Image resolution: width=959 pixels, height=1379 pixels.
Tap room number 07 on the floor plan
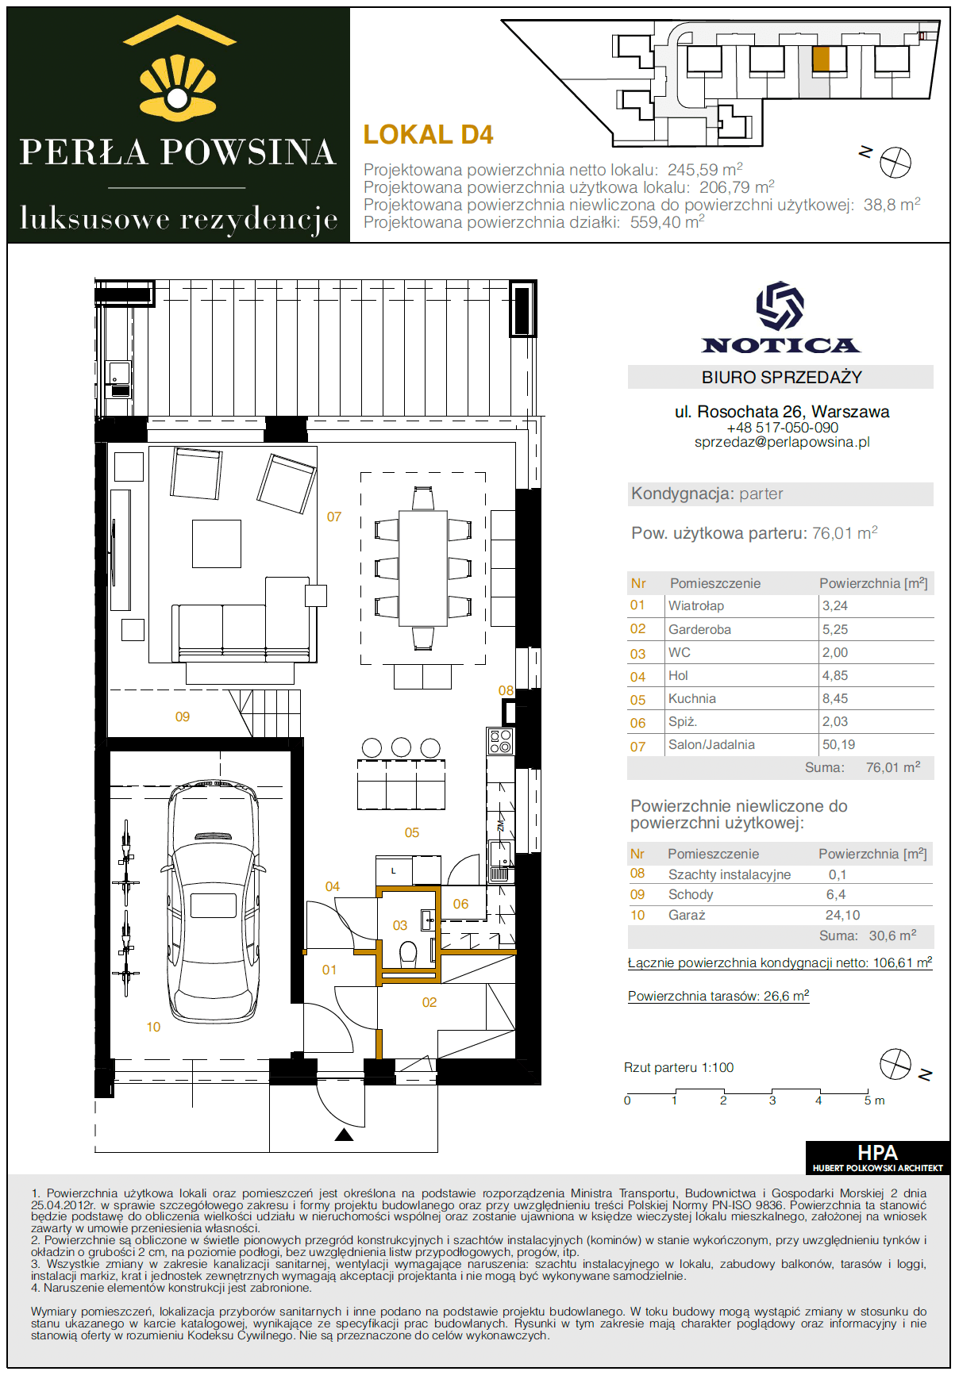334,517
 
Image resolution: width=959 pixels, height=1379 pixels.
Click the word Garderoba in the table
699,629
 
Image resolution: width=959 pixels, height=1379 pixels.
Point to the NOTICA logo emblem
780,305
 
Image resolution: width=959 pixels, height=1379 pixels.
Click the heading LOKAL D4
428,135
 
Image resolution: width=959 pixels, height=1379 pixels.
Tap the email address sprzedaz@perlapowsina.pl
782,442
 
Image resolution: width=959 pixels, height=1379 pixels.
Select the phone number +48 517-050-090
782,427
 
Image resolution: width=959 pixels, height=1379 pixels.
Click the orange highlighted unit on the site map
821,59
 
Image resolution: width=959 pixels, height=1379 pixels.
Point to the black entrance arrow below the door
344,1135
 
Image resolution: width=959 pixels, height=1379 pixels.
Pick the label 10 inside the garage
153,1027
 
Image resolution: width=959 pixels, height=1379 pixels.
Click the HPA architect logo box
877,1157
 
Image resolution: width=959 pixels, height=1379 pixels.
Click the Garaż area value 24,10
842,915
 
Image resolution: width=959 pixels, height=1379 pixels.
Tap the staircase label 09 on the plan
183,716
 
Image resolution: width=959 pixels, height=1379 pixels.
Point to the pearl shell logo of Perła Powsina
178,87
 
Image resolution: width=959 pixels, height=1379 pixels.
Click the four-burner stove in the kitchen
501,741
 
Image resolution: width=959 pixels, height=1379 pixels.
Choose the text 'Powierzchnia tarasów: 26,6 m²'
718,996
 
